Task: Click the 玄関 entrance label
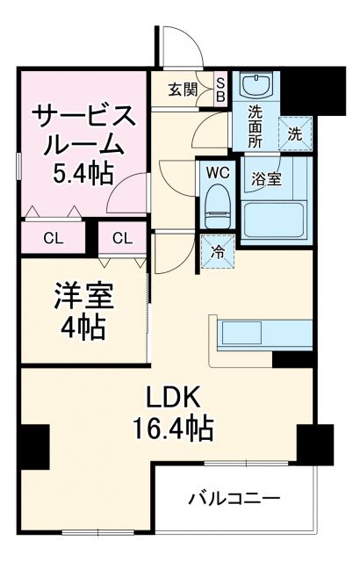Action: coord(184,88)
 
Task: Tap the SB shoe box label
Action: coord(220,90)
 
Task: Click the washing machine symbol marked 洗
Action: coord(294,133)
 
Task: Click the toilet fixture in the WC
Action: coord(215,206)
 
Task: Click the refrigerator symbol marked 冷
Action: coord(217,250)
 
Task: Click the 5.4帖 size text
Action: coord(83,172)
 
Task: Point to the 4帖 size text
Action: coord(84,327)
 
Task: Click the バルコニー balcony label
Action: coord(234,499)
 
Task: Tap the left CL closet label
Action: coord(52,238)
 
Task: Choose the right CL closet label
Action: coord(122,238)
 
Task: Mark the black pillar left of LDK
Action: coord(34,445)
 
